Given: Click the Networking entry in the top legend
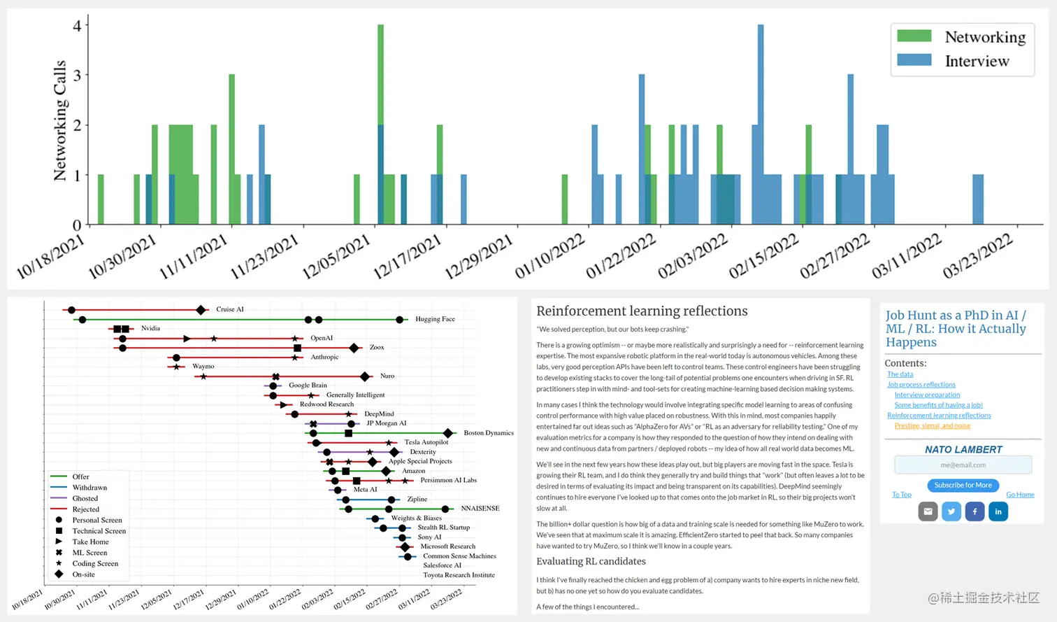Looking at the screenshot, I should (984, 37).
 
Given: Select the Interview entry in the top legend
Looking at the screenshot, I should (977, 62).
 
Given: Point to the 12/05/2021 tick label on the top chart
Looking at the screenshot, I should (336, 257).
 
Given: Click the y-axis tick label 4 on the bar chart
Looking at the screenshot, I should (77, 26).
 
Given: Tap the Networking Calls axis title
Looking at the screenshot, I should (60, 120).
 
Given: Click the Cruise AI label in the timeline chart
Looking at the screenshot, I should (230, 309).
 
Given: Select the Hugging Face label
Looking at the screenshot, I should (435, 319).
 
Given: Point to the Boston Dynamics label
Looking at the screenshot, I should (489, 433).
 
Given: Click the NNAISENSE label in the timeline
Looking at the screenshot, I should (480, 509).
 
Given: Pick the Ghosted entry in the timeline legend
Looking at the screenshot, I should (85, 499).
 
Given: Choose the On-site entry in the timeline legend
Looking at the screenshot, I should (83, 574).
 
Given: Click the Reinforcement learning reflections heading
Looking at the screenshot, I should (642, 311).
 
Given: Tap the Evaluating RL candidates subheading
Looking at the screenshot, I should (591, 562).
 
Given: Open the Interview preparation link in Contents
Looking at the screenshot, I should (927, 395).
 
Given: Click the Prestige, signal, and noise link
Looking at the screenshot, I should (932, 426).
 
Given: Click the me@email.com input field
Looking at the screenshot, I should (963, 465).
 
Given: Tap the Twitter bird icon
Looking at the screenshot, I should (951, 511).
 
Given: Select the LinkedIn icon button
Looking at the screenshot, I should (998, 511).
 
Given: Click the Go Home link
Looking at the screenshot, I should (1020, 495).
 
